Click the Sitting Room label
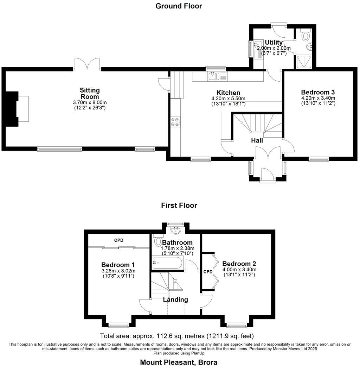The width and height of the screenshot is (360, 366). click(x=89, y=93)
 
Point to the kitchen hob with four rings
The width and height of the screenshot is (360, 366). click(x=175, y=122)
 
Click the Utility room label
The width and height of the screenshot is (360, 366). click(x=274, y=42)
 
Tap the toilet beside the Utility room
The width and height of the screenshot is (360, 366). click(x=306, y=35)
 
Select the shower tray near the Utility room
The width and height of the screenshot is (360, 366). click(x=303, y=62)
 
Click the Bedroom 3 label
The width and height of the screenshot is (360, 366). click(x=318, y=92)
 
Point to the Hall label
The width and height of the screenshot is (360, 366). click(x=257, y=140)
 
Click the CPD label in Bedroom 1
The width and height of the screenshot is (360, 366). click(x=119, y=240)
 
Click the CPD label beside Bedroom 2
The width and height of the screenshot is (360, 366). click(x=208, y=272)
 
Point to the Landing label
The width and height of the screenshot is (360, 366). click(x=175, y=300)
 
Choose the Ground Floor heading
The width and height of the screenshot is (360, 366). click(x=179, y=6)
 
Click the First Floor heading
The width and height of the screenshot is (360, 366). click(x=179, y=205)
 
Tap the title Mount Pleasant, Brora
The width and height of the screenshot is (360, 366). click(x=179, y=362)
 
